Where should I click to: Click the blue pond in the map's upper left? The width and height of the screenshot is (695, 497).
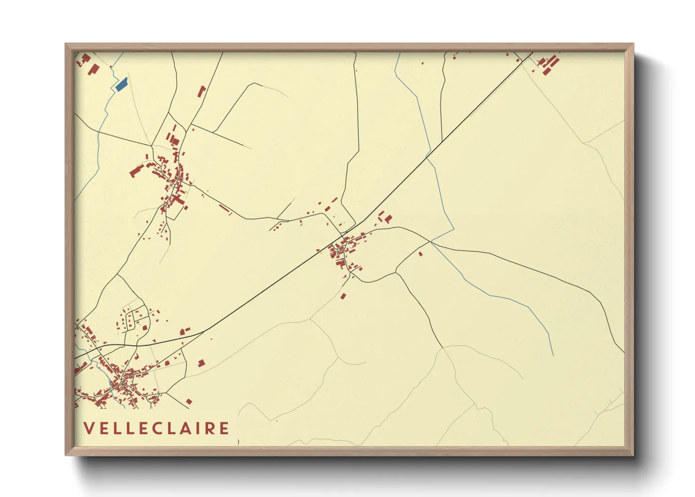point(121,84)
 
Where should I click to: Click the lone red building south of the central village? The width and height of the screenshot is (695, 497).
point(343,296)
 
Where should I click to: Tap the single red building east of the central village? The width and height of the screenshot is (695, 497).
point(420,254)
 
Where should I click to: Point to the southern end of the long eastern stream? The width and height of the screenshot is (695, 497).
point(553,355)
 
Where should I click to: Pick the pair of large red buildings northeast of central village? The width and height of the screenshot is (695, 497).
point(386,217)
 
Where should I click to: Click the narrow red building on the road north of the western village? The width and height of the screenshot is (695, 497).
point(202,91)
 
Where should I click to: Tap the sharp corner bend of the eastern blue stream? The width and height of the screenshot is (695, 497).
point(454,230)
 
